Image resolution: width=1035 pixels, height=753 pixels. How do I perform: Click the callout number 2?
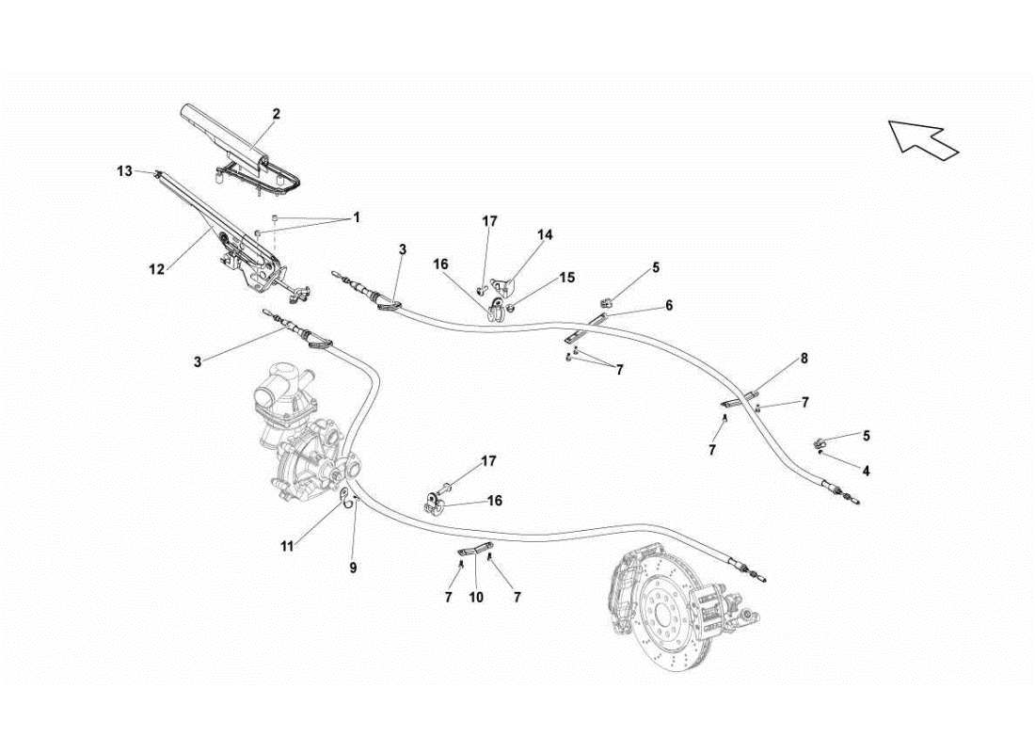click(277, 114)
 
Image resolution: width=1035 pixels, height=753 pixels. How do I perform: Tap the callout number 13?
click(125, 170)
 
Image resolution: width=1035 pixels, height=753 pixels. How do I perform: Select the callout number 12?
click(156, 269)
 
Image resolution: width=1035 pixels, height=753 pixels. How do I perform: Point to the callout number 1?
click(357, 216)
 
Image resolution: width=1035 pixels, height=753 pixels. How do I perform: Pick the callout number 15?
click(567, 278)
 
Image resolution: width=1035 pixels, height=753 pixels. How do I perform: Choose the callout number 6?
click(669, 305)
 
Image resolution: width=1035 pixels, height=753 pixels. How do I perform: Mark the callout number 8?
click(804, 358)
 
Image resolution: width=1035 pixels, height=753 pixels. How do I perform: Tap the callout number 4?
click(867, 471)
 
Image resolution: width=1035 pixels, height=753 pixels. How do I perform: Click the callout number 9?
click(354, 569)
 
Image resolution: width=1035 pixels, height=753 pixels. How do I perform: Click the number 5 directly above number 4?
click(867, 435)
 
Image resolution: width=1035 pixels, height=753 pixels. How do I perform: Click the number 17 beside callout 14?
click(489, 221)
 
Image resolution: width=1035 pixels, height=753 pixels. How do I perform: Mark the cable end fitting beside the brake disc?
click(753, 570)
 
